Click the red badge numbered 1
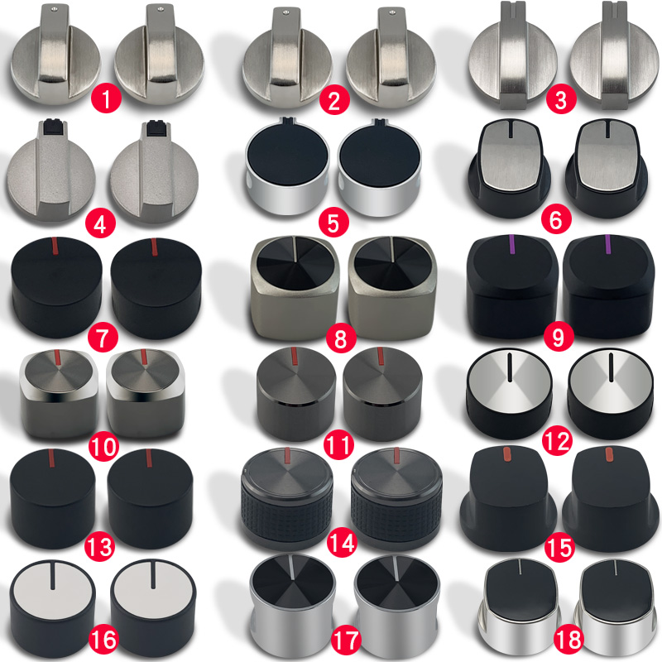(108, 102)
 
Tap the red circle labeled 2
(333, 102)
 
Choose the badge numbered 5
(333, 221)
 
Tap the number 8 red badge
(339, 337)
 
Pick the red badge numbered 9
(556, 337)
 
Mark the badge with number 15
(556, 546)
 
